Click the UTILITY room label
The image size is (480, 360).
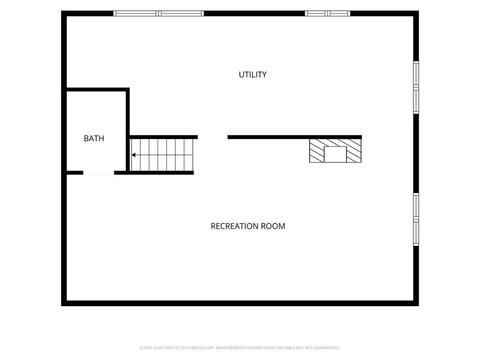(x=252, y=75)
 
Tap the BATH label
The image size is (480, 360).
(x=94, y=138)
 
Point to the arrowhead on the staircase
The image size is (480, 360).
(x=133, y=155)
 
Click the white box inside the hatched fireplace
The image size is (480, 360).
(x=335, y=154)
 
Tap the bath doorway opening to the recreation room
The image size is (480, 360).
(x=99, y=173)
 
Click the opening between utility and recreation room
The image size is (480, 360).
(x=212, y=137)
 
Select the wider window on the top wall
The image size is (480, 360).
(x=158, y=14)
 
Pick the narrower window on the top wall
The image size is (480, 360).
(x=327, y=14)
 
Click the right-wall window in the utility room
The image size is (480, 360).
(x=416, y=88)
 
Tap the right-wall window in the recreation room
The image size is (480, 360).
(x=416, y=219)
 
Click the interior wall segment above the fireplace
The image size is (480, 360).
(x=294, y=137)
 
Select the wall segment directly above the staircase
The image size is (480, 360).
(x=164, y=137)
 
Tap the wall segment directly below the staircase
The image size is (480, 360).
(x=154, y=173)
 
